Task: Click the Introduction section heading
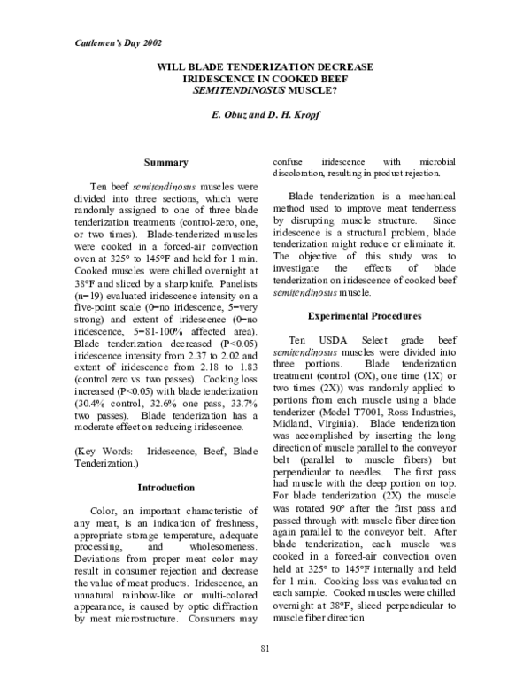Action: [x=165, y=488]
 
